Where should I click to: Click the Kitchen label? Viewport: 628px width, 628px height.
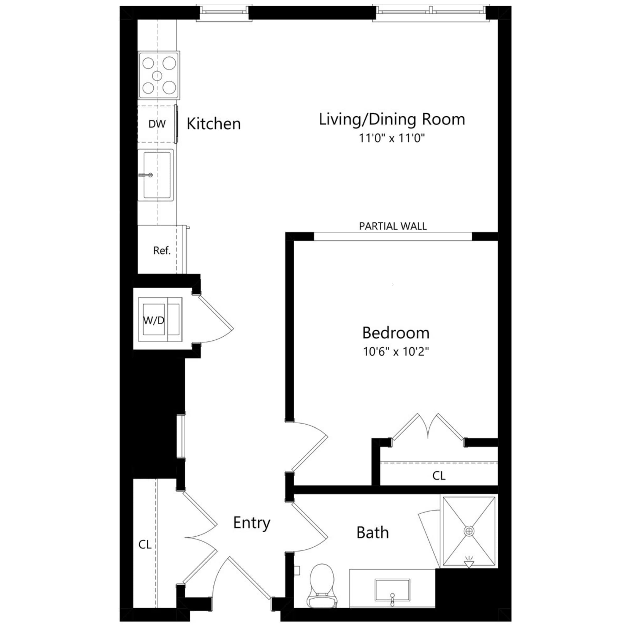(x=214, y=124)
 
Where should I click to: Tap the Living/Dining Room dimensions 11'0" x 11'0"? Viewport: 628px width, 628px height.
(x=392, y=138)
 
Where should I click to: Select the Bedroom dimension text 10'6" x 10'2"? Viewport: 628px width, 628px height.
(x=396, y=351)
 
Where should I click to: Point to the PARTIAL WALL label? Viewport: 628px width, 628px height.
(x=393, y=226)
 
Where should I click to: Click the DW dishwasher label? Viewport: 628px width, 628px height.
(x=157, y=124)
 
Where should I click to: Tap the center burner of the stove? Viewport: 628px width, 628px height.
(x=157, y=76)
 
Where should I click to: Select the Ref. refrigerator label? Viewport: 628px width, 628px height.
(x=161, y=250)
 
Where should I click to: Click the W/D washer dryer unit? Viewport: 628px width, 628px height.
(x=160, y=320)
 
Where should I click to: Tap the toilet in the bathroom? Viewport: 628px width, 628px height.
(x=322, y=585)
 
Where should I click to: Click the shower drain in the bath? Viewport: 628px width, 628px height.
(x=469, y=532)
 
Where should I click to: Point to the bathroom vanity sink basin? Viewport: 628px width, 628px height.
(x=392, y=590)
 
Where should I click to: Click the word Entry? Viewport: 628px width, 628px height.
(x=252, y=523)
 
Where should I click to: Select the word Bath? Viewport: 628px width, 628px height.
(x=372, y=533)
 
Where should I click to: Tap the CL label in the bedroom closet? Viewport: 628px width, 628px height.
(x=439, y=476)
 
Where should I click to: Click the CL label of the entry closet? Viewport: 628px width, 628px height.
(x=145, y=545)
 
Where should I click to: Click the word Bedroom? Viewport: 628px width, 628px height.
(x=396, y=333)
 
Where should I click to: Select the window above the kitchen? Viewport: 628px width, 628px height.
(x=224, y=12)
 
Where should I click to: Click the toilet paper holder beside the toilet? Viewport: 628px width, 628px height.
(x=297, y=571)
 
